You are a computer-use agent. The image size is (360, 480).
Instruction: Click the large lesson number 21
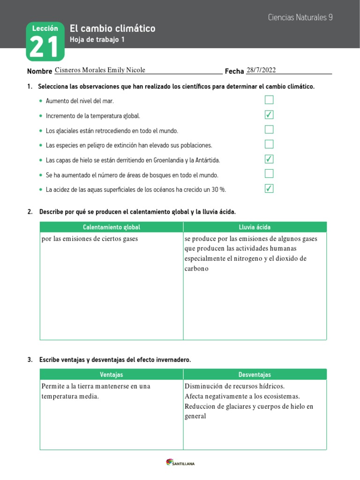coord(45,47)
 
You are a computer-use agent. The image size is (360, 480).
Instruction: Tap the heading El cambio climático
coord(112,29)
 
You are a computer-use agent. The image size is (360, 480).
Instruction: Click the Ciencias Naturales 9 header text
coord(300,17)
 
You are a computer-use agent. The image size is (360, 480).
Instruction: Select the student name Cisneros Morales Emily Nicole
coord(100,70)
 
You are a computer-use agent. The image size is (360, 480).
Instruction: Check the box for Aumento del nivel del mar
coord(269,100)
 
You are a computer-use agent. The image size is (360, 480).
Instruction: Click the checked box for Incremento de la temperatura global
coord(269,115)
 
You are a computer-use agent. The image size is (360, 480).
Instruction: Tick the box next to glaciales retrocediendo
coord(269,129)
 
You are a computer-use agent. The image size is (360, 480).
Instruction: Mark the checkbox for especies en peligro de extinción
coord(269,144)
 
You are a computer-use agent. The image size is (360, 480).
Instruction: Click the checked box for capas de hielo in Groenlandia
coord(269,159)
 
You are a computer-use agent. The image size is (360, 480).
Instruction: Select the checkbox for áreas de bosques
coord(269,174)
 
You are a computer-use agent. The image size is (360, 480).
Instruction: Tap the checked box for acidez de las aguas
coord(269,189)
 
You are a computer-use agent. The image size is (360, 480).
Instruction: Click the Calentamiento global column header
coord(112,227)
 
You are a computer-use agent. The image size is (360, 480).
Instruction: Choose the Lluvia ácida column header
coord(255,227)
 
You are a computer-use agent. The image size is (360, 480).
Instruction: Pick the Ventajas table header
coord(112,375)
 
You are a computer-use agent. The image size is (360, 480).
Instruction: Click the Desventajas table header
coord(255,375)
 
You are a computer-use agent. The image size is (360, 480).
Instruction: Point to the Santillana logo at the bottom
coord(180,463)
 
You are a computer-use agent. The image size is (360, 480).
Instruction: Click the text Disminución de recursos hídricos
coord(235,386)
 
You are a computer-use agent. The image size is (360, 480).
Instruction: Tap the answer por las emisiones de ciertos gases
coord(90,239)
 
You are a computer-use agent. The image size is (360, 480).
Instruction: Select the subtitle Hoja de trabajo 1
coord(97,40)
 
